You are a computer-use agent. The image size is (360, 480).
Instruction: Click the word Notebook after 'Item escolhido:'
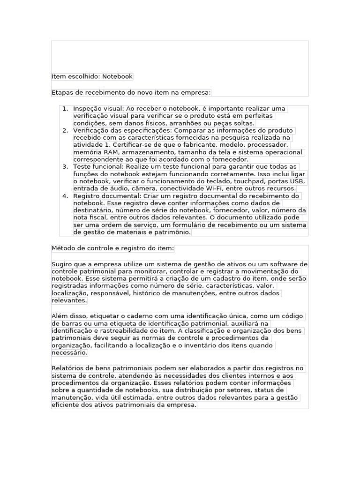(x=118, y=76)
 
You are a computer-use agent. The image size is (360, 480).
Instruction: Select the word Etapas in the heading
(x=63, y=92)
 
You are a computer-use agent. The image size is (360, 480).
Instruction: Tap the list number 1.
(x=65, y=109)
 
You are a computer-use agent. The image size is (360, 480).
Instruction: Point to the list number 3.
(x=65, y=167)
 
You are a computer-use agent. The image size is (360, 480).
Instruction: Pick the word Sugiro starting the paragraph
(x=62, y=264)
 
